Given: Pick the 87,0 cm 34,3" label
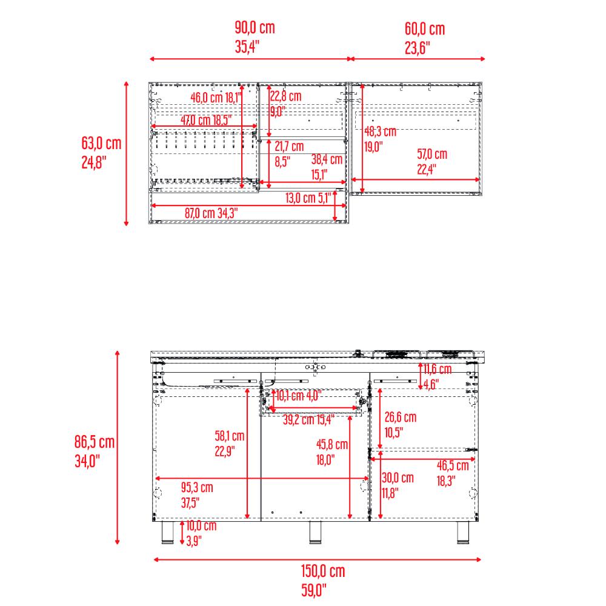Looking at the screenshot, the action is click(211, 213).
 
